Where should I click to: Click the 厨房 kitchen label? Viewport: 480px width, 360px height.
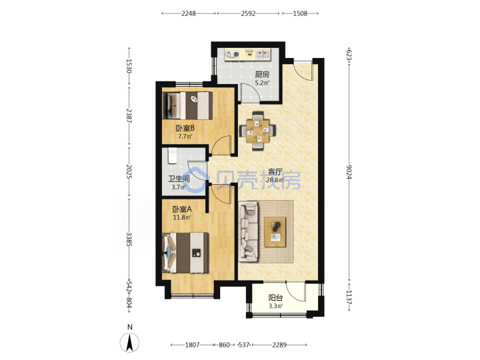tap(262, 75)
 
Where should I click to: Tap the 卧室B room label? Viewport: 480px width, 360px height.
tap(185, 128)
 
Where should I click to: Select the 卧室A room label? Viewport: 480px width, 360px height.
tap(182, 209)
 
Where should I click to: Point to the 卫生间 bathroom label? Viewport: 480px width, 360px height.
tap(179, 179)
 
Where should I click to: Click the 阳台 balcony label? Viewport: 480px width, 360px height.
tap(275, 297)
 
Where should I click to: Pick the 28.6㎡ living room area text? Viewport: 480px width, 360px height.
tap(275, 180)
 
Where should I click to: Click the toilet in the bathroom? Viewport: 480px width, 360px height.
tap(173, 155)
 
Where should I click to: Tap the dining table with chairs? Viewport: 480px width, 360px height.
tap(258, 131)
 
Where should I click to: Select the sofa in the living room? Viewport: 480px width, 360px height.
tap(248, 232)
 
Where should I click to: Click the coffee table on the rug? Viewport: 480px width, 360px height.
tap(275, 232)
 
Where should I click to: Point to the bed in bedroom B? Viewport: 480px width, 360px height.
tap(187, 105)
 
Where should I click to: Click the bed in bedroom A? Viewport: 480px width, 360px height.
tap(185, 253)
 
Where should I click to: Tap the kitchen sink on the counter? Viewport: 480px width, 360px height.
tap(263, 55)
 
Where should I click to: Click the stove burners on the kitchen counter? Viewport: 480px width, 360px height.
tap(232, 55)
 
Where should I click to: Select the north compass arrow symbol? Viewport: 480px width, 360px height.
tap(130, 342)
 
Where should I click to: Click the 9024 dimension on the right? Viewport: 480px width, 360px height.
tap(349, 172)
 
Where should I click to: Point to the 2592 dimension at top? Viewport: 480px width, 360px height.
tap(248, 13)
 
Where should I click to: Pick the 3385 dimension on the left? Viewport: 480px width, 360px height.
tap(129, 239)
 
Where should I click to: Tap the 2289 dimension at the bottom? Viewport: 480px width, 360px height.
tap(279, 345)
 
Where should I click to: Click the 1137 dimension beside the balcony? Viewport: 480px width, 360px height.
tap(349, 297)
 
